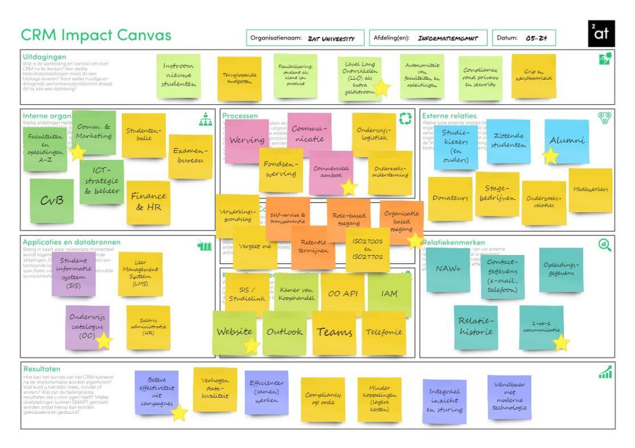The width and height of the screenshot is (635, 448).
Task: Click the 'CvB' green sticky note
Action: pyautogui.click(x=51, y=200)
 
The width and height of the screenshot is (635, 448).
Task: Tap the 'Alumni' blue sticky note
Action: pyautogui.click(x=567, y=141)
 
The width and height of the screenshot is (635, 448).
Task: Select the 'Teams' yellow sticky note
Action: pyautogui.click(x=334, y=332)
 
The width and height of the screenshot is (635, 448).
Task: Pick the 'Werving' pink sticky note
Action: pyautogui.click(x=247, y=140)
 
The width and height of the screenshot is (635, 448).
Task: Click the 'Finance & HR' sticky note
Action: pyautogui.click(x=148, y=202)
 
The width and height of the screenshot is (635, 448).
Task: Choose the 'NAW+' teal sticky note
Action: pyautogui.click(x=448, y=269)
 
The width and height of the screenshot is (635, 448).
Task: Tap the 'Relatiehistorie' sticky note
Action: pyautogui.click(x=476, y=326)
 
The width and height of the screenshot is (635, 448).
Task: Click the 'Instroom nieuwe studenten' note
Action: pyautogui.click(x=178, y=75)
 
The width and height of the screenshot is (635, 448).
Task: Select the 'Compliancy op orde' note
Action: pyautogui.click(x=323, y=398)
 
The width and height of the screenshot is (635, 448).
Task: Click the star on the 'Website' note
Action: pyautogui.click(x=252, y=345)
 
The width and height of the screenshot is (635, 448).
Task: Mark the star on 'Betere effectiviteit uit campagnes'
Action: pyautogui.click(x=179, y=413)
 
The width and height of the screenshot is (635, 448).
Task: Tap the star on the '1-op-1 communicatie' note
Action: pyautogui.click(x=562, y=343)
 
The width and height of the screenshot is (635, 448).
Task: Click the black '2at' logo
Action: pyautogui.click(x=601, y=34)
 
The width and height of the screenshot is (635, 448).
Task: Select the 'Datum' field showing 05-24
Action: pyautogui.click(x=523, y=38)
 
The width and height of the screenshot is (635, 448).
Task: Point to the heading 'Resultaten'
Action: pyautogui.click(x=42, y=369)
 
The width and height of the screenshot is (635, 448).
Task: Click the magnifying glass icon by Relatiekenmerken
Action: pyautogui.click(x=605, y=245)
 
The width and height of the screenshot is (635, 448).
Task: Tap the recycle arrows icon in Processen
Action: pyautogui.click(x=405, y=118)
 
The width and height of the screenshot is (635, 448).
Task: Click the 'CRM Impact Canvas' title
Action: pyautogui.click(x=96, y=35)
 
